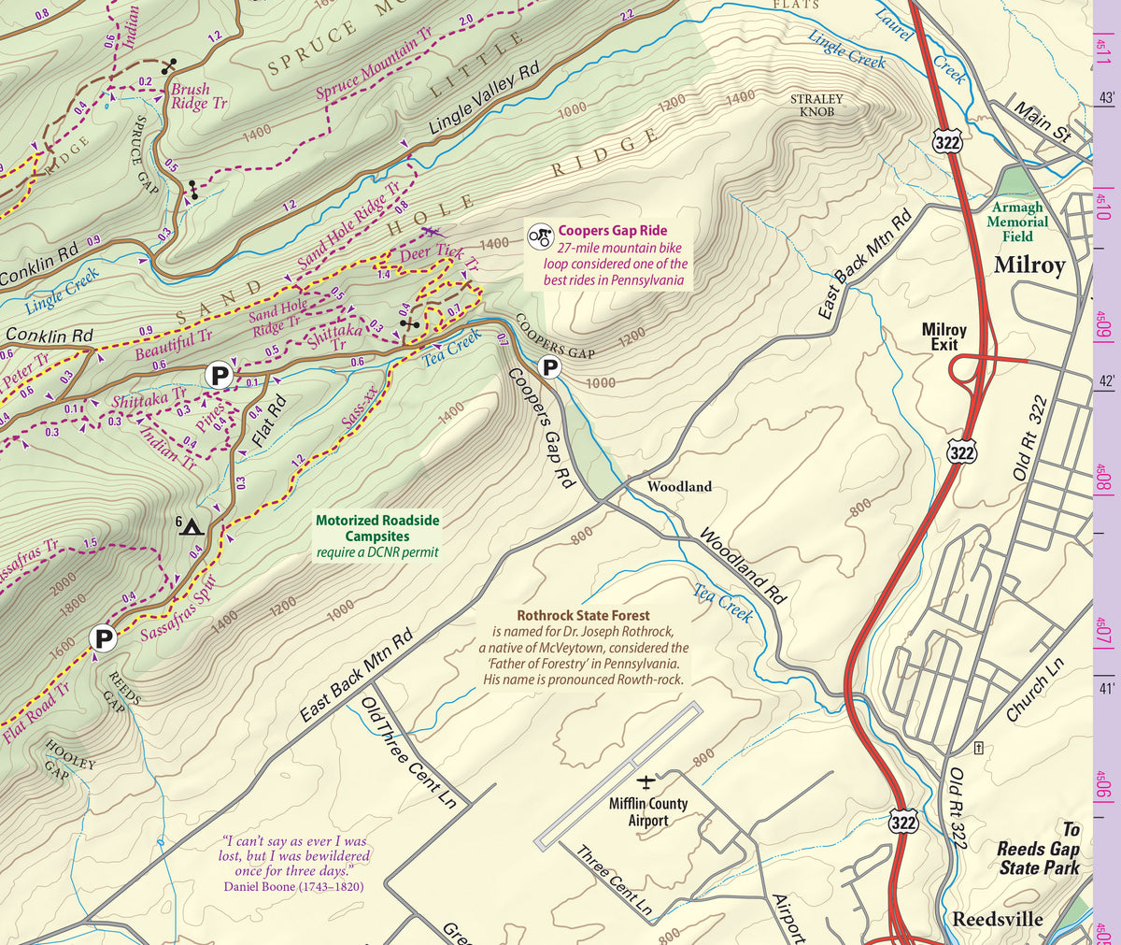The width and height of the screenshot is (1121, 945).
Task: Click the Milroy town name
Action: [x=1029, y=265]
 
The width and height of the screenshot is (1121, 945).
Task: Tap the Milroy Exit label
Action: [x=944, y=336]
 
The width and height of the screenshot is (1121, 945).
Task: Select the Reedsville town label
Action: [x=997, y=919]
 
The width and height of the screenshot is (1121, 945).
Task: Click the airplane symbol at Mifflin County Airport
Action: [x=646, y=780]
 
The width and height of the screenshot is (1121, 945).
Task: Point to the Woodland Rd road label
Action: [x=743, y=566]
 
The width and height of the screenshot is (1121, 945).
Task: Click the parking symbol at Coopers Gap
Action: [x=551, y=366]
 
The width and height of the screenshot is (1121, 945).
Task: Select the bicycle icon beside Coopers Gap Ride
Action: [x=539, y=236]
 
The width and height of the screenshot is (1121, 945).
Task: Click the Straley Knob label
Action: [x=816, y=105]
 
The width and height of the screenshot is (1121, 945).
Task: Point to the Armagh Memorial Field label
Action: [x=1016, y=222]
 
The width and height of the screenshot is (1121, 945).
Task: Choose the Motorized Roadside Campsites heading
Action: [x=376, y=528]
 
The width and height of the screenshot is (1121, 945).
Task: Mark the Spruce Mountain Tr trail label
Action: [x=374, y=64]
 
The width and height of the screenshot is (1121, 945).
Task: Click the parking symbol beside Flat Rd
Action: [x=220, y=376]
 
